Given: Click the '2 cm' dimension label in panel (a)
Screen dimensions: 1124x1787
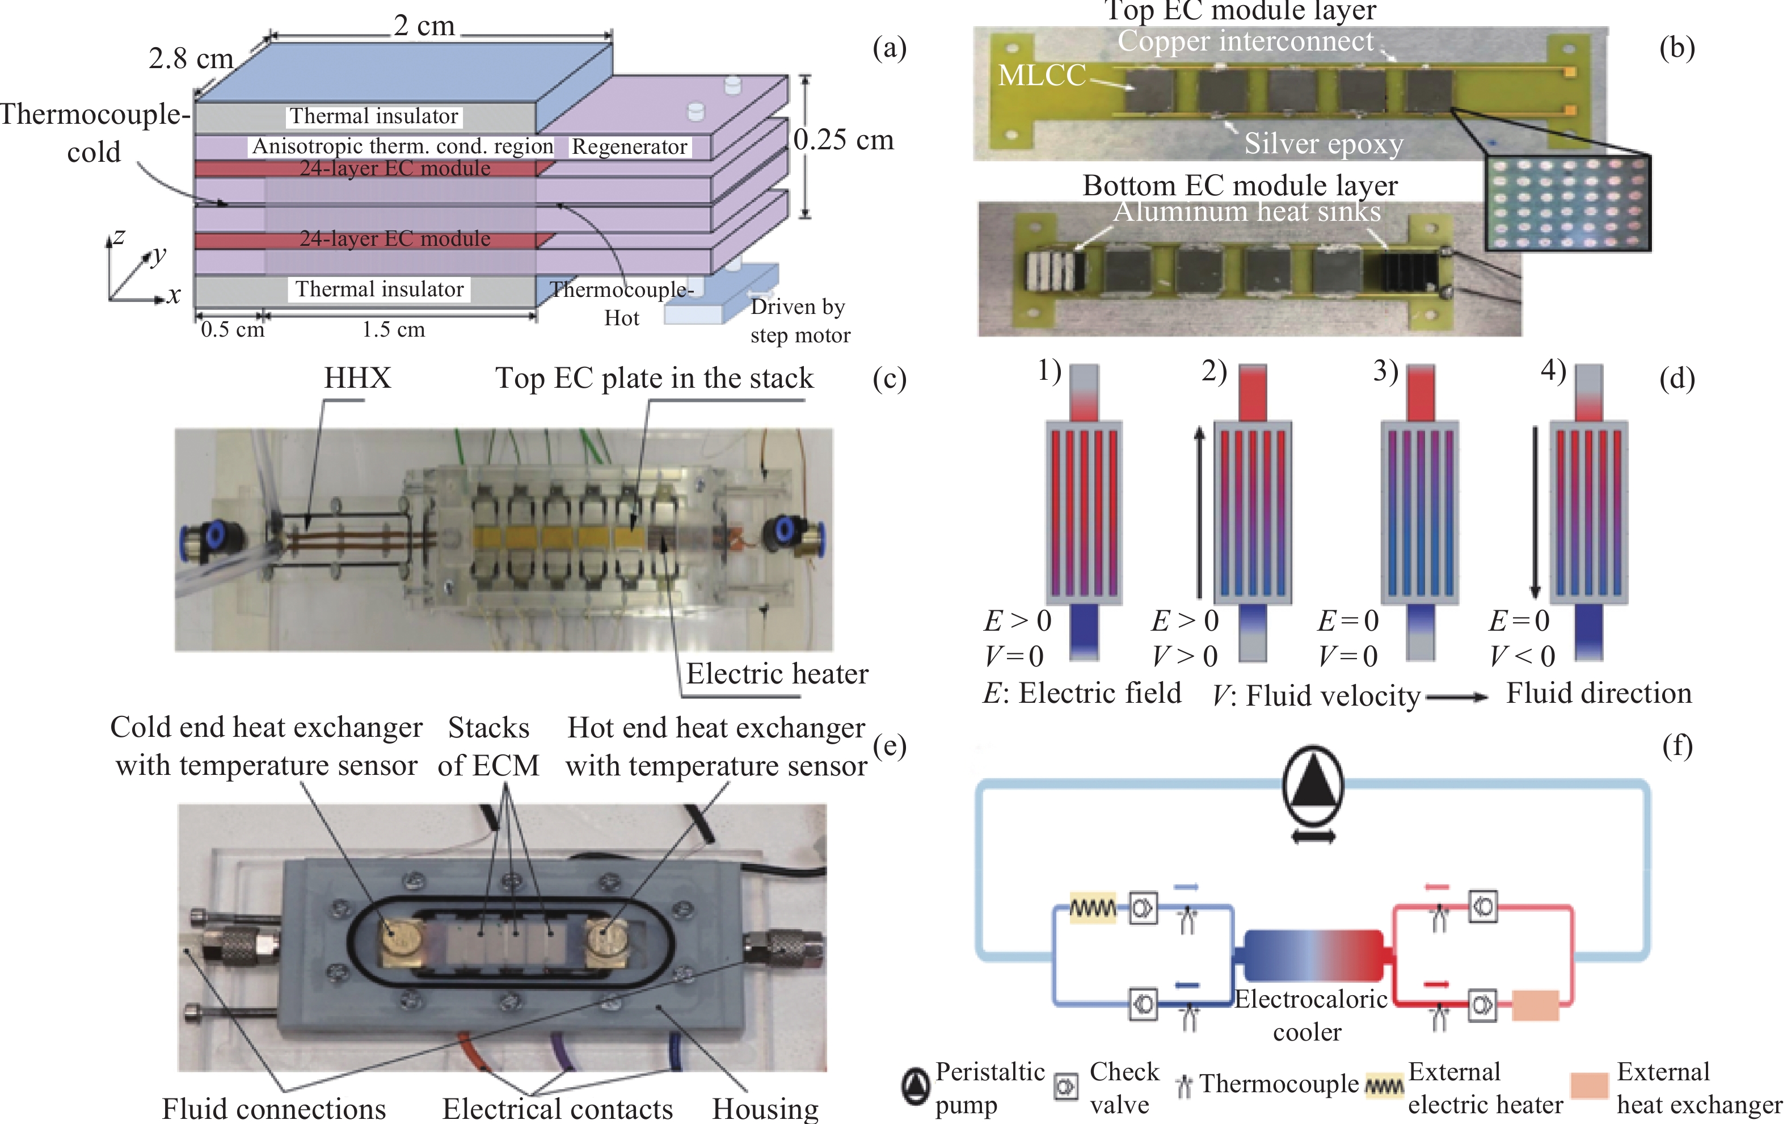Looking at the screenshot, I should pyautogui.click(x=424, y=26).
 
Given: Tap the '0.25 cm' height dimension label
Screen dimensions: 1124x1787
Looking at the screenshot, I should pyautogui.click(x=844, y=140).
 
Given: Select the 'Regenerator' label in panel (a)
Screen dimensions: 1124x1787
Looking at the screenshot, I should pyautogui.click(x=629, y=147).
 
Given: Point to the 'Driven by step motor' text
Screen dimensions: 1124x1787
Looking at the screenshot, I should pyautogui.click(x=799, y=321).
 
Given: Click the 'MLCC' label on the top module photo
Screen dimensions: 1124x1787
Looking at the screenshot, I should pyautogui.click(x=1041, y=75).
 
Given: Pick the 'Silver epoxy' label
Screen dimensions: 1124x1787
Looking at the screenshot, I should pyautogui.click(x=1323, y=143).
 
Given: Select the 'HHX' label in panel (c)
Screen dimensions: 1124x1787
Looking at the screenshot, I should pyautogui.click(x=357, y=378).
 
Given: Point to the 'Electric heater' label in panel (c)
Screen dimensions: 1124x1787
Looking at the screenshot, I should pyautogui.click(x=776, y=673).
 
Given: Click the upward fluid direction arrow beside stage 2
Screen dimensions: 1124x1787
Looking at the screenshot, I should pyautogui.click(x=1199, y=512).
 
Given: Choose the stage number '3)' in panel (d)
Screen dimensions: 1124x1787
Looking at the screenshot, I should pyautogui.click(x=1385, y=371).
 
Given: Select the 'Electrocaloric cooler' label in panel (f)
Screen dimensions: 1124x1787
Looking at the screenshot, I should pyautogui.click(x=1310, y=1015).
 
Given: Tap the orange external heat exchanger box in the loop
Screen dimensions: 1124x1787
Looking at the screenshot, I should pyautogui.click(x=1535, y=1005).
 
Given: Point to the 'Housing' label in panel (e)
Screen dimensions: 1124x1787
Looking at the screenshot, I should pyautogui.click(x=765, y=1109).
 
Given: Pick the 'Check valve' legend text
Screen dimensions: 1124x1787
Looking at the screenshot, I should pyautogui.click(x=1123, y=1088).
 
